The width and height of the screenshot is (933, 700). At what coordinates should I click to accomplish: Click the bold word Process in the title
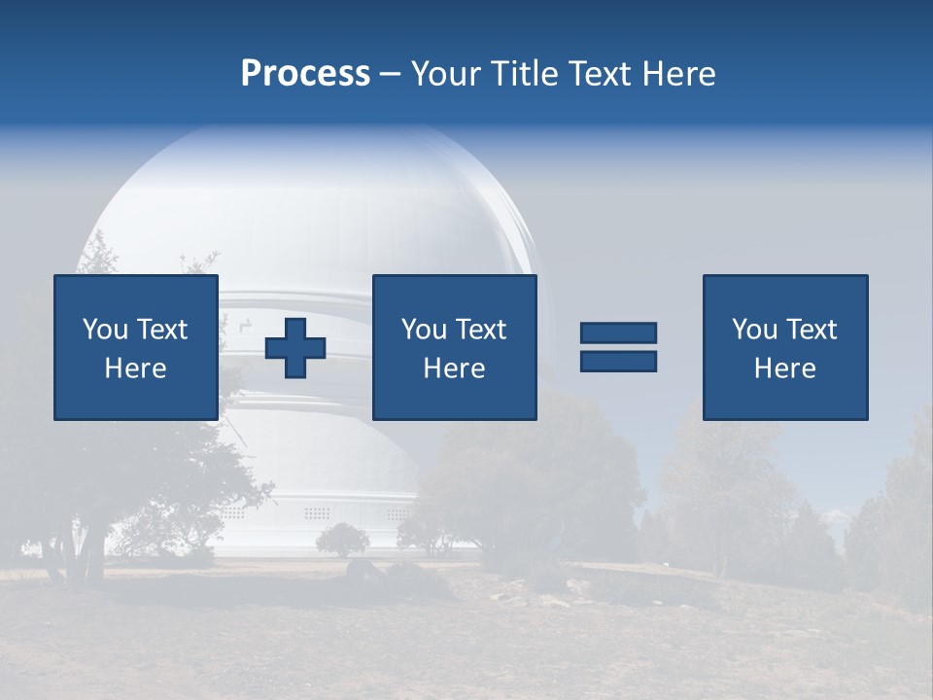point(305,74)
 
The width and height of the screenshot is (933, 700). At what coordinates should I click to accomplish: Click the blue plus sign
point(295,347)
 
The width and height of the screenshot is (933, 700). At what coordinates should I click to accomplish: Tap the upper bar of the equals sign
point(618,332)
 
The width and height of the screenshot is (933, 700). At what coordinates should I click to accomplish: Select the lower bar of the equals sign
point(618,362)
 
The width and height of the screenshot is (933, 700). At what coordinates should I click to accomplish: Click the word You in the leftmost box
point(105,330)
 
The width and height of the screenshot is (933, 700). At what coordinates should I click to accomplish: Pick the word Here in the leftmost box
point(135,368)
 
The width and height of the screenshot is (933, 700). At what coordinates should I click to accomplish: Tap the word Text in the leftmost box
point(161,330)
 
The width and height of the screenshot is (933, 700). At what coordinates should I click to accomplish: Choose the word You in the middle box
point(424,330)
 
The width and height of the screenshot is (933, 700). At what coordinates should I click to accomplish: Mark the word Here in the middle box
point(454,368)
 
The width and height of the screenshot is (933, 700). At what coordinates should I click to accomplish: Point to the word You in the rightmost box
point(754,330)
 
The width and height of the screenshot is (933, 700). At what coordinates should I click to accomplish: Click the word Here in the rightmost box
point(784,368)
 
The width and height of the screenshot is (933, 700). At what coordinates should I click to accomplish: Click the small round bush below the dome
point(343,539)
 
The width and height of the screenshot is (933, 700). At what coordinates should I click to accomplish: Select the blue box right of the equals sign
point(785,347)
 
